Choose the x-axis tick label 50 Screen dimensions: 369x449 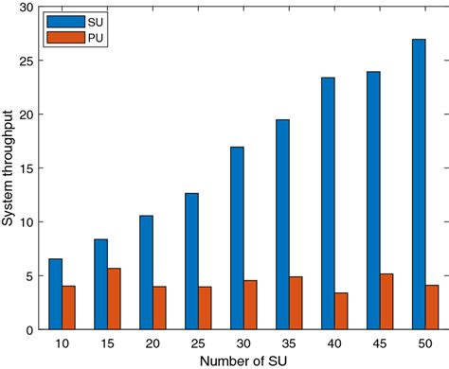(425, 343)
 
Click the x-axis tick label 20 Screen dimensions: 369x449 (153, 343)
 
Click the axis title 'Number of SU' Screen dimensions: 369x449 (243, 360)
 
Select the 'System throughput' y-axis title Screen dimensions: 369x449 (9, 168)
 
